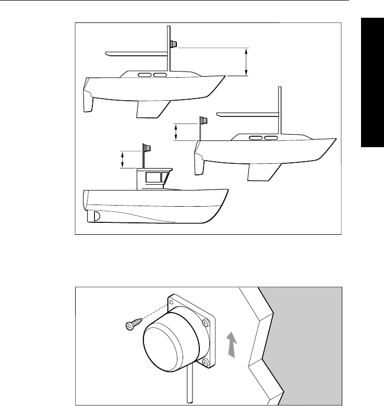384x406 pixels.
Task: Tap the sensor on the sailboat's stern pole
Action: click(203, 121)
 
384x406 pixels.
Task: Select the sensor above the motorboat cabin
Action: click(148, 149)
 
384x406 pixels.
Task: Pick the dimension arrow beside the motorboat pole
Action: click(123, 159)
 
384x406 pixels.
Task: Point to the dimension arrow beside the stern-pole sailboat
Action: click(176, 132)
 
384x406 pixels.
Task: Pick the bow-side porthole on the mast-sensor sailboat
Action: click(161, 76)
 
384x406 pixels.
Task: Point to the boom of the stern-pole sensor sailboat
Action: click(248, 114)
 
